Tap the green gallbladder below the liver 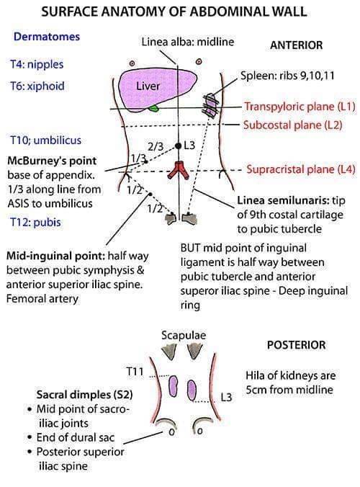(x=153, y=109)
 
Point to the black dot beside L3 (x=179, y=146)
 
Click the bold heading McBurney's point (x=52, y=160)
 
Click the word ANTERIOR (x=297, y=45)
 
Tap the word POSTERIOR (x=296, y=345)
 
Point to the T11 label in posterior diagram (x=135, y=372)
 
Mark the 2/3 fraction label (x=155, y=146)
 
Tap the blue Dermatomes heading (x=46, y=36)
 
